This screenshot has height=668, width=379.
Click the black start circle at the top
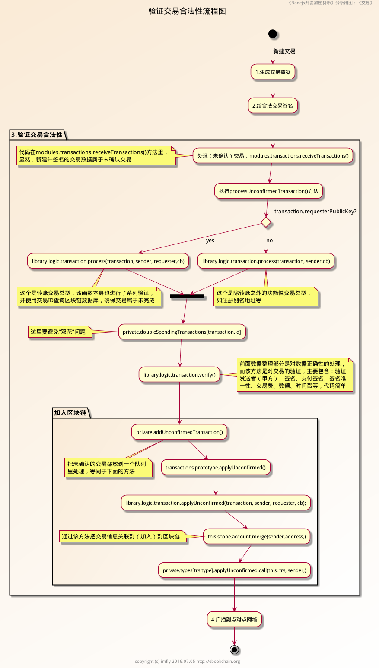[x=272, y=34]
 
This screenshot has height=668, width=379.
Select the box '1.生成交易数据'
[x=273, y=72]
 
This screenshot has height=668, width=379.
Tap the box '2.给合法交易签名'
[x=273, y=106]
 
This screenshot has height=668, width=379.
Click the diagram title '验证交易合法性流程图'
[x=187, y=11]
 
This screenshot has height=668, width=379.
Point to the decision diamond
[x=266, y=222]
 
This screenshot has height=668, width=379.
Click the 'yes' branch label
[x=210, y=241]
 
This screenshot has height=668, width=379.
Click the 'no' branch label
[x=269, y=241]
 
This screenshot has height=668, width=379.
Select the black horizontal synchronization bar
[x=187, y=296]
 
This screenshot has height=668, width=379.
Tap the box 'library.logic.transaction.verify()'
[x=179, y=375]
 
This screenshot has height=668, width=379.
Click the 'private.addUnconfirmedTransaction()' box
[x=179, y=432]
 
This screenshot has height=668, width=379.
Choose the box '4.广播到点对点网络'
[x=234, y=620]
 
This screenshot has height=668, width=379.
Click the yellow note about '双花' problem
[x=60, y=332]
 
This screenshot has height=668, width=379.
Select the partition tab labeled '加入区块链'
[x=70, y=413]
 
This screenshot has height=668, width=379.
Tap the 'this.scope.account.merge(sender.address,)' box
[x=257, y=537]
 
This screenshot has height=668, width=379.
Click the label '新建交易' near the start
[x=284, y=51]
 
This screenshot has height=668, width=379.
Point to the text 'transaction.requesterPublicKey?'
[x=315, y=212]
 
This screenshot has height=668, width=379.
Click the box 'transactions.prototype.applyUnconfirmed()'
[x=216, y=468]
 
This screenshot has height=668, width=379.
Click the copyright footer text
[x=187, y=661]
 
